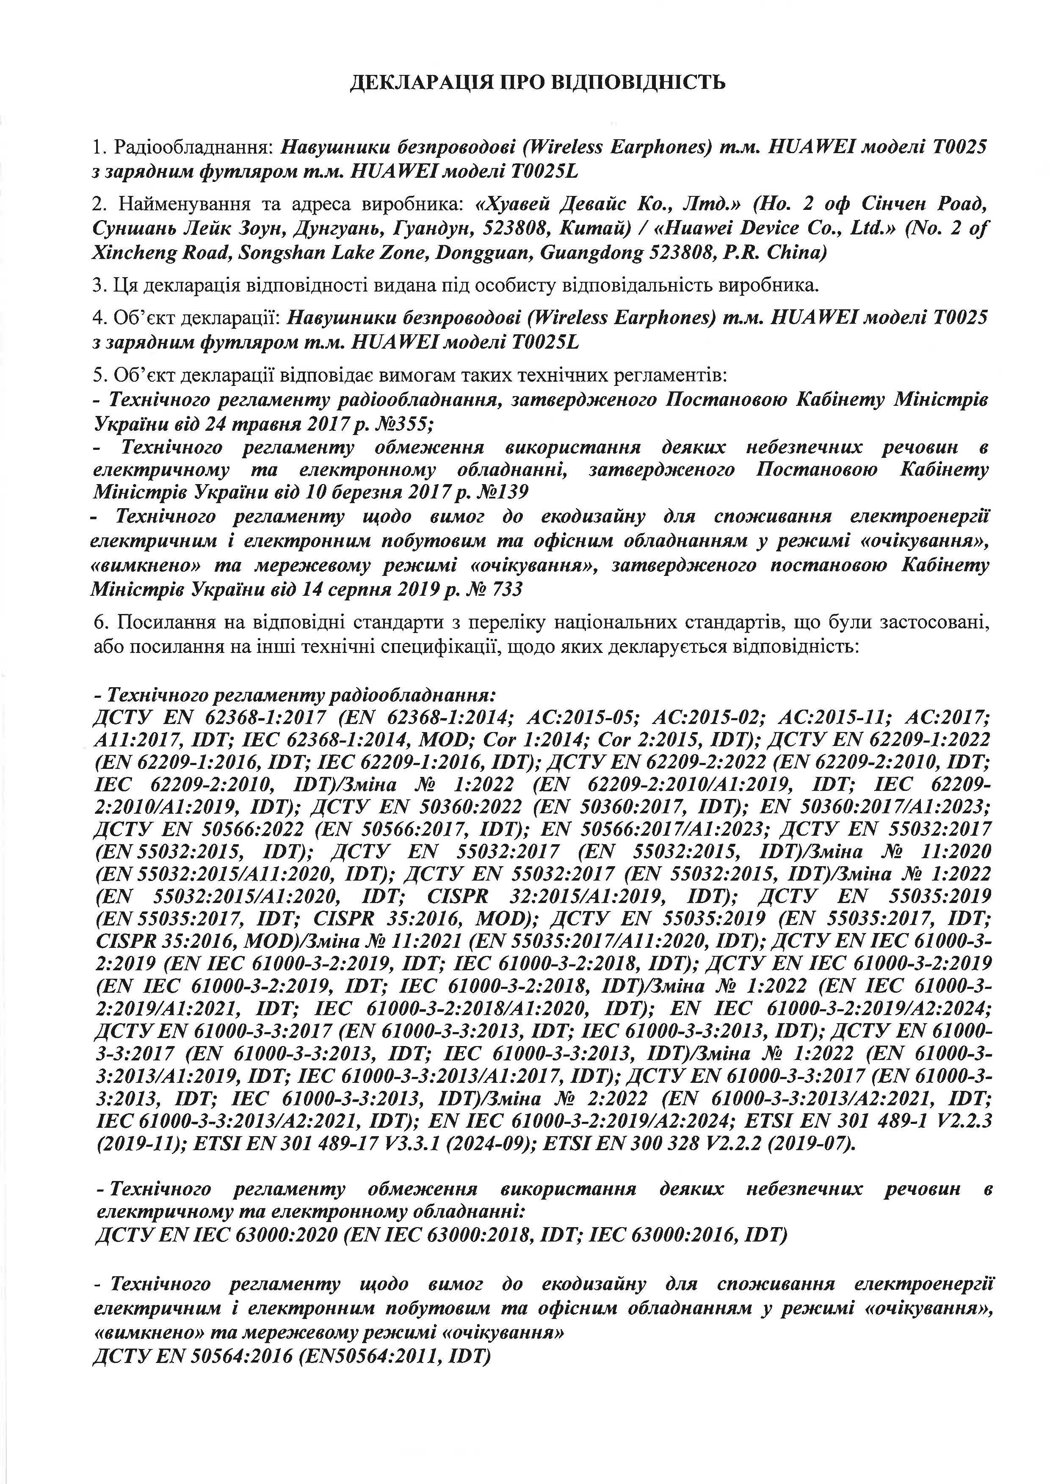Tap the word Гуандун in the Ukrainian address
pos(437,229)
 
